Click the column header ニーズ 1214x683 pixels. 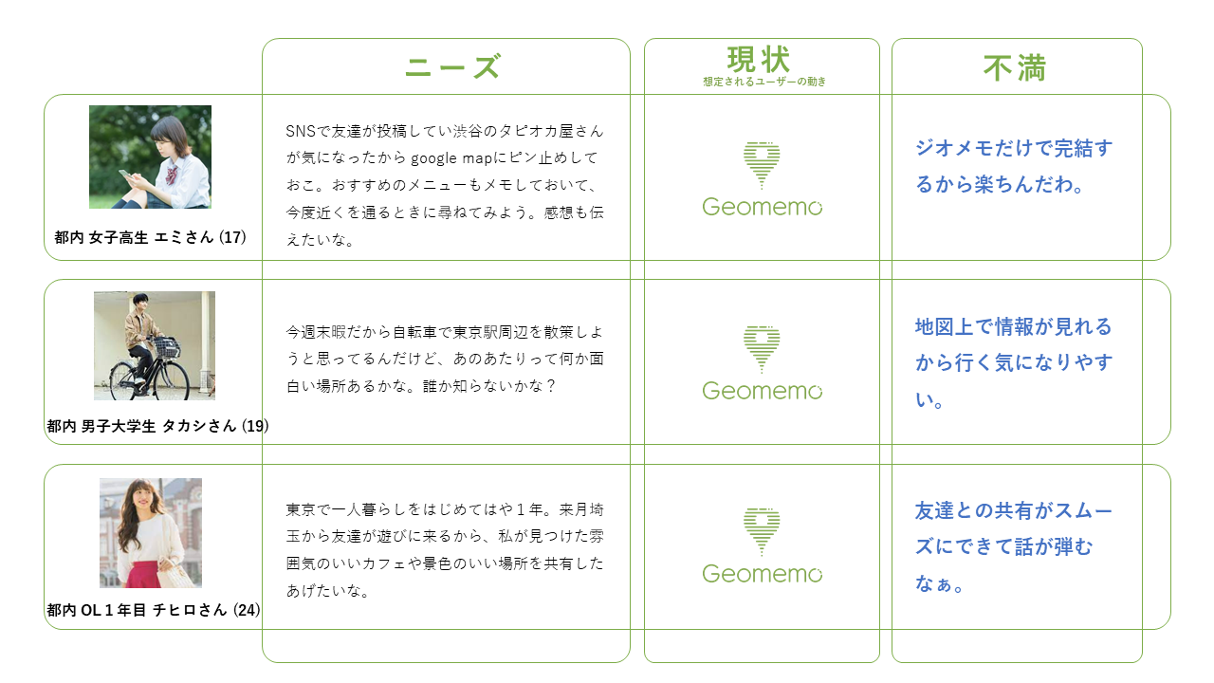point(452,66)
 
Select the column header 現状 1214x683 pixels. point(758,60)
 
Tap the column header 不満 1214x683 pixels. point(1015,68)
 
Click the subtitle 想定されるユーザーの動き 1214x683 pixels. point(764,82)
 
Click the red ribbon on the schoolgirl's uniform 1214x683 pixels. point(173,175)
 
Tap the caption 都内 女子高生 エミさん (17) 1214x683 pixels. point(150,237)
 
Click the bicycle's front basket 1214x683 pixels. point(166,347)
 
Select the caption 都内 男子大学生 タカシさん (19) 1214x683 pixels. point(157,426)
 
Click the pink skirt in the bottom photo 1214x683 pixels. point(142,575)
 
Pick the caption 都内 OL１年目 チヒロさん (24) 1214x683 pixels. point(154,610)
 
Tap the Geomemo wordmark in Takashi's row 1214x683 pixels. point(762,391)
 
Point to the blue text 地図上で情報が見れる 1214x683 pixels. point(1014,327)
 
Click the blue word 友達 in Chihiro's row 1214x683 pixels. point(934,510)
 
